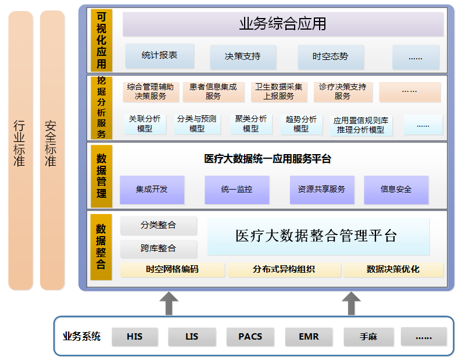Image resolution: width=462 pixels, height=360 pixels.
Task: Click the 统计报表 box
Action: (x=159, y=56)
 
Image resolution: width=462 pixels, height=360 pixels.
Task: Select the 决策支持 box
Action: (x=243, y=56)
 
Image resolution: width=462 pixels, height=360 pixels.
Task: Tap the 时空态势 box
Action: (x=330, y=56)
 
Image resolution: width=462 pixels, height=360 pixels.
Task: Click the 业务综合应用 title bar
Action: (x=283, y=24)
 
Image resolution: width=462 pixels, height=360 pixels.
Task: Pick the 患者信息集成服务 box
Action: (x=213, y=91)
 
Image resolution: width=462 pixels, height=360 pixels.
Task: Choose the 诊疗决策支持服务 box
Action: (x=342, y=91)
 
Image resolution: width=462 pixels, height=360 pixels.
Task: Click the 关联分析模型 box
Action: (x=145, y=124)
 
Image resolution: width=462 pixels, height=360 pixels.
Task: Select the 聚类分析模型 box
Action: (x=251, y=124)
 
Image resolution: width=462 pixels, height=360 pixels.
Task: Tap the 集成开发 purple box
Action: (x=152, y=190)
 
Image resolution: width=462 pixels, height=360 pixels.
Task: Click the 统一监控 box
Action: (x=237, y=190)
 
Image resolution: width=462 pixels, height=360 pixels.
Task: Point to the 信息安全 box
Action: (x=396, y=190)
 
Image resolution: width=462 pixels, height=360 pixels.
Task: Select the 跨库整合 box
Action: (x=159, y=248)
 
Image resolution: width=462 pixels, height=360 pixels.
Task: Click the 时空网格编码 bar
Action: (x=172, y=270)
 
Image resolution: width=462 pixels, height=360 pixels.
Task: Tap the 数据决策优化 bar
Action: (x=393, y=270)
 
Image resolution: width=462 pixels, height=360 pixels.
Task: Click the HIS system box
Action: (x=134, y=337)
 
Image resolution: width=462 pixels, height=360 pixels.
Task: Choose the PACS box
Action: (x=250, y=337)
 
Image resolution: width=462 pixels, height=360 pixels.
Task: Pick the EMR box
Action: (x=309, y=337)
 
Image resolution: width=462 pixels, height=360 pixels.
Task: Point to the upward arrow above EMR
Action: (x=350, y=303)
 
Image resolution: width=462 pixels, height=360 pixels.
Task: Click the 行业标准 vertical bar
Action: (x=20, y=150)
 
